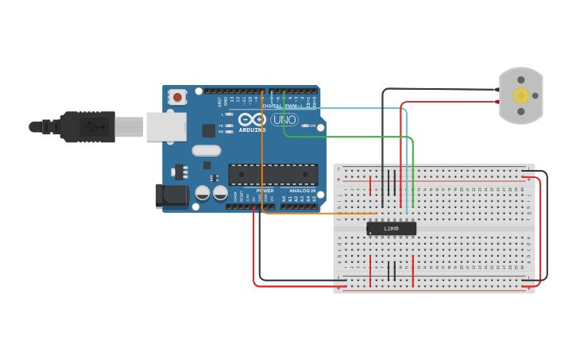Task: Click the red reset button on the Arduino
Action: pyautogui.click(x=177, y=97)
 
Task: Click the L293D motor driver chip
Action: pyautogui.click(x=391, y=228)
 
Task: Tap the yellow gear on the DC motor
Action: pyautogui.click(x=521, y=95)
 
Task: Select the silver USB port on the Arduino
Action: pyautogui.click(x=166, y=126)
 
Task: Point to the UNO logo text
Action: pyautogui.click(x=284, y=119)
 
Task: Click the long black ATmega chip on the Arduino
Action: pyautogui.click(x=273, y=174)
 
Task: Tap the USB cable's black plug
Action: pyautogui.click(x=87, y=126)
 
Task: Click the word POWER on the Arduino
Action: pyautogui.click(x=265, y=191)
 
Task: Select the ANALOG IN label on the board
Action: pyautogui.click(x=301, y=191)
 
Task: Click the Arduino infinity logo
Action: pyautogui.click(x=252, y=118)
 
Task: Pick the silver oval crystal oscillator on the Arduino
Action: pyautogui.click(x=206, y=150)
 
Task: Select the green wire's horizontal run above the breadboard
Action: pyautogui.click(x=350, y=137)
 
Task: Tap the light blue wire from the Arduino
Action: pyautogui.click(x=358, y=108)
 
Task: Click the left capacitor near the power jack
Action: pyautogui.click(x=203, y=193)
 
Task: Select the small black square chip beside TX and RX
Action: pyautogui.click(x=209, y=130)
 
